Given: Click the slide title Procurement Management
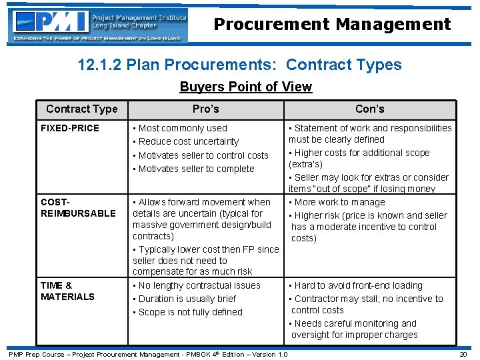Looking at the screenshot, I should tap(332, 25).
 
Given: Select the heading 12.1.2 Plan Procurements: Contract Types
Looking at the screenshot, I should tap(239, 65).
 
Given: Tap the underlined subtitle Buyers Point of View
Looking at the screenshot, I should tap(245, 87).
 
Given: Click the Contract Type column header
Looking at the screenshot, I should tap(81, 109).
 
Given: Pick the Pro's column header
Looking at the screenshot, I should tap(205, 109).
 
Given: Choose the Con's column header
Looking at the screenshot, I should tap(369, 109).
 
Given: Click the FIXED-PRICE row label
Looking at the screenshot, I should tap(70, 128).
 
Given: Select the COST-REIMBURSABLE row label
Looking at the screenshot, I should tap(78, 207).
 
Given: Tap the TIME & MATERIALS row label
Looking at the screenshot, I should tap(67, 291).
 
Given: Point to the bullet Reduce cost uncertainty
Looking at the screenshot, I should tap(188, 141).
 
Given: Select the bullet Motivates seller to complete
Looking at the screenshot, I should tap(196, 169).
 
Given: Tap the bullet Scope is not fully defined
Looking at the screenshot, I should tap(190, 312).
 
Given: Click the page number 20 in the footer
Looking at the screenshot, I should tap(463, 354).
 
